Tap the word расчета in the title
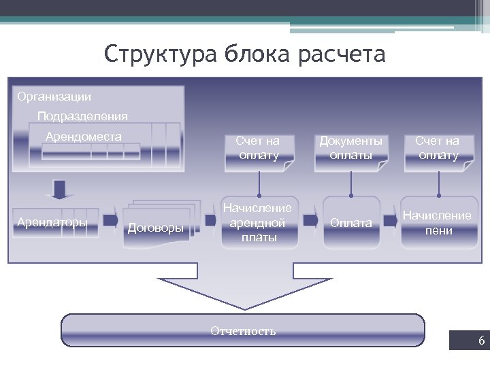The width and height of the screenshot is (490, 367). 341,54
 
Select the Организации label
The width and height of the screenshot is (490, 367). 54,97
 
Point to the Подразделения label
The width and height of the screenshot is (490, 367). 82,116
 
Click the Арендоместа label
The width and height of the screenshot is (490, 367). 84,137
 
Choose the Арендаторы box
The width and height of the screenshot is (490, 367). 52,222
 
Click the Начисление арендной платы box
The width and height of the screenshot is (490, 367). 259,222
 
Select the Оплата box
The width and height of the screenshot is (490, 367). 350,222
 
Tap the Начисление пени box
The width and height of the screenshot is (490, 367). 436,222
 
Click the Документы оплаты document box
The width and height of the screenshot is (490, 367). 350,148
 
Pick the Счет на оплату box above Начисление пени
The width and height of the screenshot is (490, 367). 438,148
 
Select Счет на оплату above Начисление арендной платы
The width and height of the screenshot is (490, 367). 259,148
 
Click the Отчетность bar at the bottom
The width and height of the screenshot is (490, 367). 243,331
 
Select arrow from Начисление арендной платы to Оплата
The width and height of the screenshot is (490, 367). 310,220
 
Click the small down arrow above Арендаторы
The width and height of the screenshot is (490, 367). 59,188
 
